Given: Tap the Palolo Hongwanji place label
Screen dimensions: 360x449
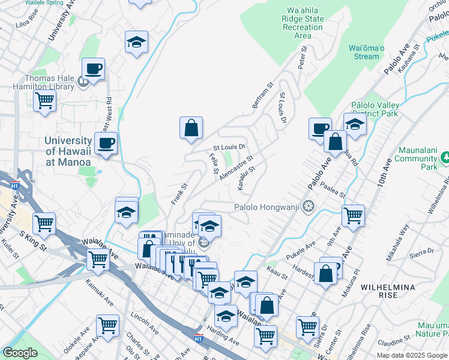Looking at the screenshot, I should click(x=267, y=208).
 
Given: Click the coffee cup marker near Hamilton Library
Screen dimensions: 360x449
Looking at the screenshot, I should click(x=93, y=69).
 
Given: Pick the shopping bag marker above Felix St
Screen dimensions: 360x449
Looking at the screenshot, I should click(x=191, y=127).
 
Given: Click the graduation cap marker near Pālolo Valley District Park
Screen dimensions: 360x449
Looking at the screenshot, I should click(x=355, y=124).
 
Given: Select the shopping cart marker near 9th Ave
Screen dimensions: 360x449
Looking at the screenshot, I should click(x=353, y=215).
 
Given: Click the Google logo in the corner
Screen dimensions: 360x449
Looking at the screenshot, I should click(x=20, y=353).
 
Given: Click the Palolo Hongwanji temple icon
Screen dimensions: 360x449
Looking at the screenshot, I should click(x=309, y=208).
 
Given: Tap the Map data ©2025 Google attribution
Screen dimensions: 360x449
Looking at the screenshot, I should click(x=411, y=355).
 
